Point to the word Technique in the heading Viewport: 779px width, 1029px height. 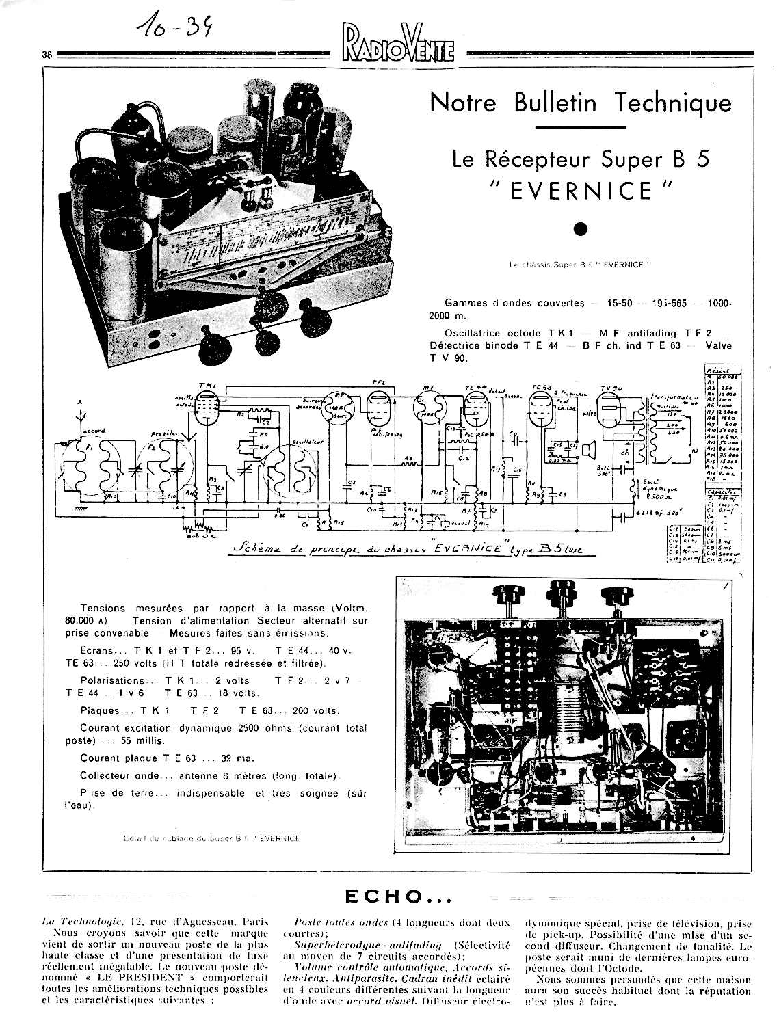672,103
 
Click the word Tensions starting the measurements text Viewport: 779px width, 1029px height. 103,608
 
